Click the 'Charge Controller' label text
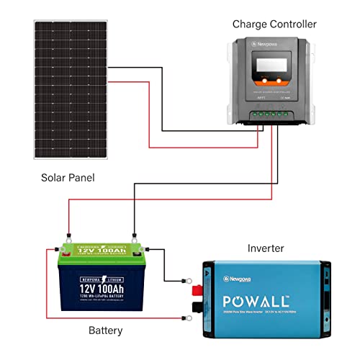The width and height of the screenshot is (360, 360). coord(274,24)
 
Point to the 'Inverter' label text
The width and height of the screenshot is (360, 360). coord(267,248)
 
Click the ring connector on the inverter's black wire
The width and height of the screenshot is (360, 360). coord(188,282)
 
